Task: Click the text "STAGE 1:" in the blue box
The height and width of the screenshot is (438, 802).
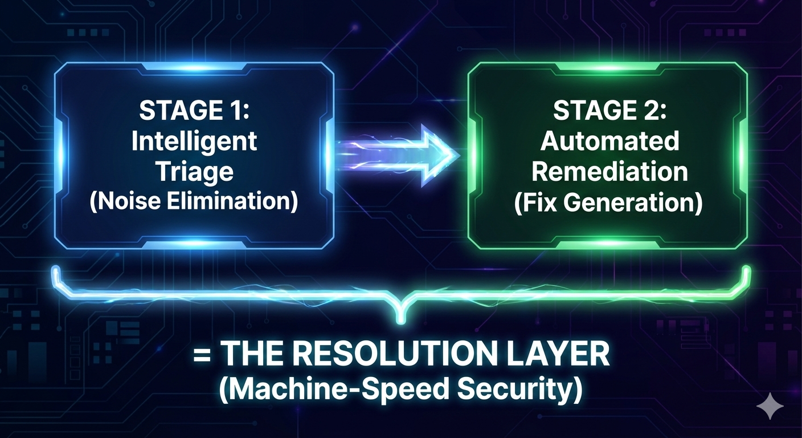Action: [194, 111]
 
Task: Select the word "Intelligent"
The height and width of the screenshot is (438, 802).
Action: [194, 141]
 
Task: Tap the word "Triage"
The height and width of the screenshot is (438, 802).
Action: [194, 172]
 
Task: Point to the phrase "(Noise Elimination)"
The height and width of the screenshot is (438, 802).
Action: [194, 202]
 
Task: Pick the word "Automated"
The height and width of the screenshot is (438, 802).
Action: [609, 141]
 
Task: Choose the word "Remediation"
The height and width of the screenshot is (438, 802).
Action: [608, 172]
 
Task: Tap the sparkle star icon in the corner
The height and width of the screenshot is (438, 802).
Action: [770, 405]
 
